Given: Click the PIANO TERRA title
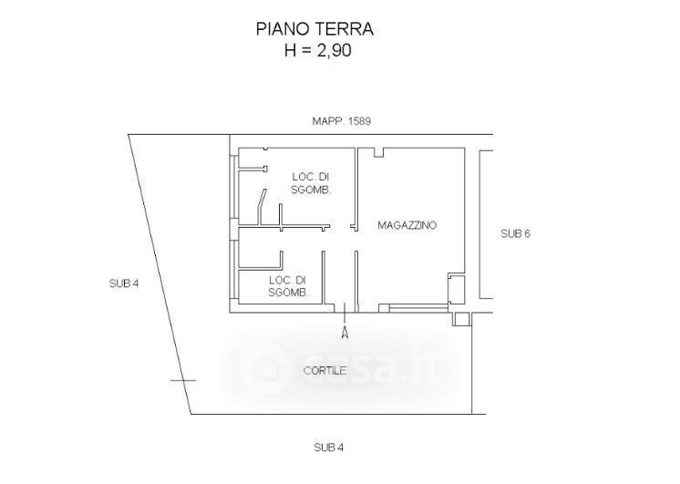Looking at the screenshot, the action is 314,29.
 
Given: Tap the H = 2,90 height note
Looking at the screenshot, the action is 318,50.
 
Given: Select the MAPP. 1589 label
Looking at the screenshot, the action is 342,121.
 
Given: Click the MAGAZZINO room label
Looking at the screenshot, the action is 407,225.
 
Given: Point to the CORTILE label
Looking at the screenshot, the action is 325,371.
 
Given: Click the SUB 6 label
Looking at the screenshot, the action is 516,233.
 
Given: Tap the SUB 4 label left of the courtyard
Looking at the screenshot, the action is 124,283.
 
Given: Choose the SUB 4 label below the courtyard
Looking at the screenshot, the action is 329,448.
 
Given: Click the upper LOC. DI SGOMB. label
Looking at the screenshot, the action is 311,183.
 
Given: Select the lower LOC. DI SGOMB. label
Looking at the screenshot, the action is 288,286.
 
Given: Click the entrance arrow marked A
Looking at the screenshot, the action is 345,321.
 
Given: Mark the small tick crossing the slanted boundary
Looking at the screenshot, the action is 183,381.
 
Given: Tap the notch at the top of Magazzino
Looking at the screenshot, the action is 378,152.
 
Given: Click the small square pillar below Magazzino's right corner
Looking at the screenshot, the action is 461,319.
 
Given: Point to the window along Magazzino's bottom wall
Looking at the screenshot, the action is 418,308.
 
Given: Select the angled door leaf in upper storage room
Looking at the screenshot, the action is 262,207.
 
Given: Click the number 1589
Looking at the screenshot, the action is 358,121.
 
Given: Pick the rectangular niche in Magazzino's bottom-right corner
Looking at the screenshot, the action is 457,289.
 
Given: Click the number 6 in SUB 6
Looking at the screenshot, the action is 527,233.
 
